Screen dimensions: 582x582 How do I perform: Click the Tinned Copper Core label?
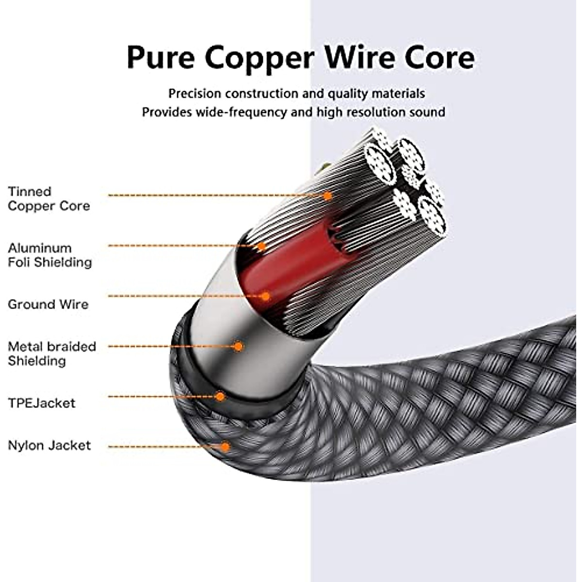[48, 199]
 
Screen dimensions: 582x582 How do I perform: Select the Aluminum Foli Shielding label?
[49, 255]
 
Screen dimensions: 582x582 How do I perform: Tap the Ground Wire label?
[48, 305]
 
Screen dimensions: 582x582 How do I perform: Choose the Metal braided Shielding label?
[51, 354]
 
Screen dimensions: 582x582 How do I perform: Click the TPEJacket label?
[41, 403]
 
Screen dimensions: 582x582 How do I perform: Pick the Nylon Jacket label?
[49, 445]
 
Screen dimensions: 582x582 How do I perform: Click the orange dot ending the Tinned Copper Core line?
[328, 195]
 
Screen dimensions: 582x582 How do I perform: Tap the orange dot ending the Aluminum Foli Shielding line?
[261, 246]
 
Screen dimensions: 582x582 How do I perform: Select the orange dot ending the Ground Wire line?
[265, 295]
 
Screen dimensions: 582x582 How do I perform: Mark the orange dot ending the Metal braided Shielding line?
[238, 346]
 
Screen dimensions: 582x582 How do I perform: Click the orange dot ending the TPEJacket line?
[220, 396]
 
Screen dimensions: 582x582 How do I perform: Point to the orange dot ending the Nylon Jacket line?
[225, 446]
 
